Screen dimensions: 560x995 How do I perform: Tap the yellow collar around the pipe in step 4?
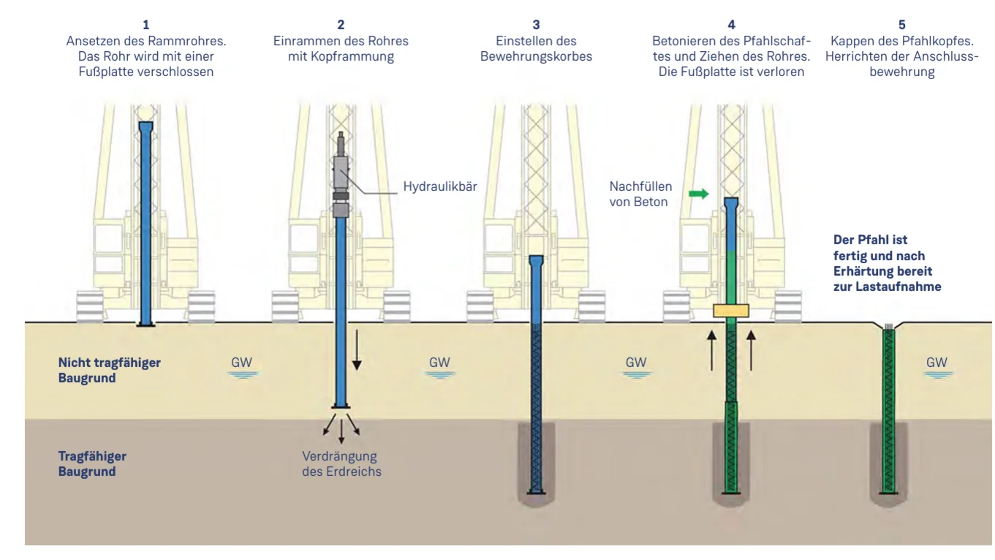click(731, 311)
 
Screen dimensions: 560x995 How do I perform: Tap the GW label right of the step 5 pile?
click(936, 362)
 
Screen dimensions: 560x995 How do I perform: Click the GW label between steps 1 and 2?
click(241, 362)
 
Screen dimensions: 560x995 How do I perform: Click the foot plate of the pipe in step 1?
click(144, 324)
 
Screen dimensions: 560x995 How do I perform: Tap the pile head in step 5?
click(889, 328)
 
